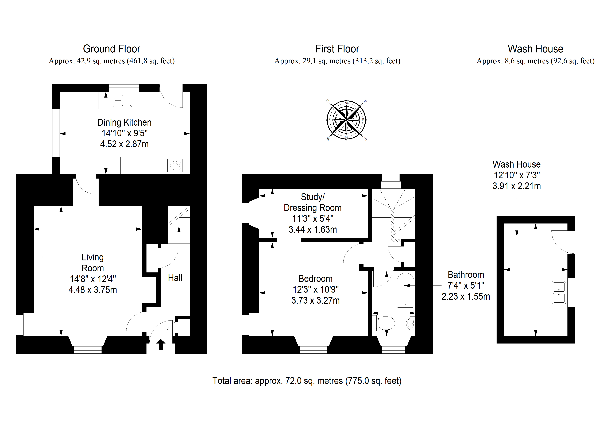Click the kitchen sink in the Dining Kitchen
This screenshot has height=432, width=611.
(x=122, y=100)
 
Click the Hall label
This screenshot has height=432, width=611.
(x=175, y=278)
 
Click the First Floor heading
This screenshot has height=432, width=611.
(x=337, y=49)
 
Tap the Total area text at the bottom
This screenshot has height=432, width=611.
(x=307, y=381)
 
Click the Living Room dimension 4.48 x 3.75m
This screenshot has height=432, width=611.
(x=93, y=290)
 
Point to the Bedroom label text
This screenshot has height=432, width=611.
(x=315, y=279)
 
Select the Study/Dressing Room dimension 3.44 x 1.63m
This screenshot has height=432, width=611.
(x=313, y=229)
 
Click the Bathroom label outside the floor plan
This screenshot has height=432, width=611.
(x=466, y=275)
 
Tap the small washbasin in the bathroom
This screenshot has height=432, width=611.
(x=411, y=323)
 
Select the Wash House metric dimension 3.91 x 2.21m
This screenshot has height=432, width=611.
(x=517, y=186)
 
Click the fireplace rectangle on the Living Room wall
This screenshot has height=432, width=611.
(x=38, y=272)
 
